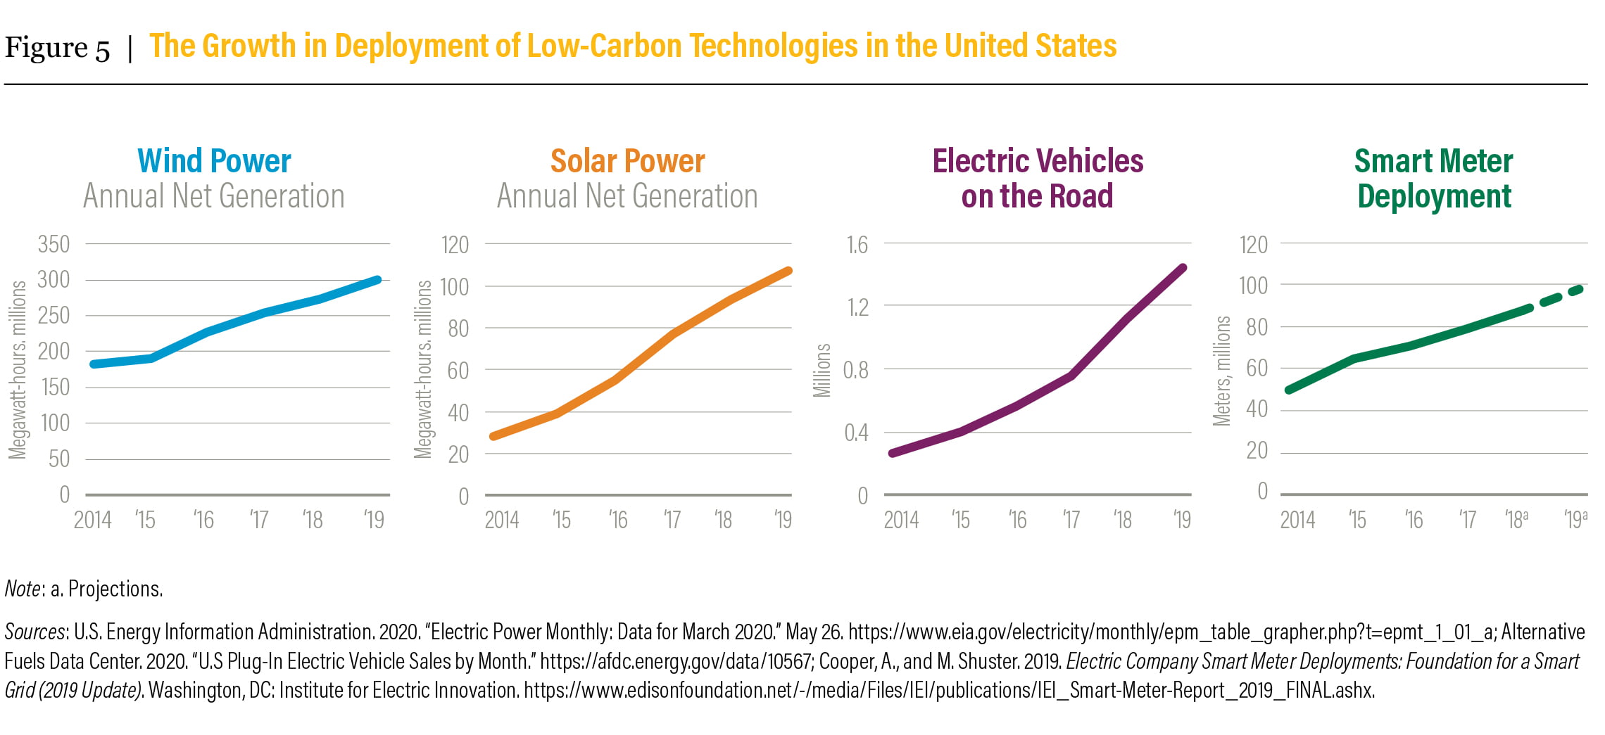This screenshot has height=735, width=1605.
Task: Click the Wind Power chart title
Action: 214,161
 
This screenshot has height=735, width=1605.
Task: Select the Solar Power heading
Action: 627,161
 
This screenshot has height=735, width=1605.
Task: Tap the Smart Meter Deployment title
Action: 1434,179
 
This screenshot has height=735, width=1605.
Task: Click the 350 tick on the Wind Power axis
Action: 53,245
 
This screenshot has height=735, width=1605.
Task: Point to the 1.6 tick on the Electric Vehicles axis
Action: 857,245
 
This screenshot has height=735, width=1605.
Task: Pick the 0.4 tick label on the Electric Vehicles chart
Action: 856,433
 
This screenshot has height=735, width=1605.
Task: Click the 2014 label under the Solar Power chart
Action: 502,520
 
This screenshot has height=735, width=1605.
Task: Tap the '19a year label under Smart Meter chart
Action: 1575,520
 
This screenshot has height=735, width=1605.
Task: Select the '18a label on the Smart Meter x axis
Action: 1516,520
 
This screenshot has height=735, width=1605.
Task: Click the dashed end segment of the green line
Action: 1561,296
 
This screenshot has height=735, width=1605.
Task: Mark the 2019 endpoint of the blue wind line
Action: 378,280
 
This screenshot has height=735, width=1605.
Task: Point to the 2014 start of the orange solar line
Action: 493,436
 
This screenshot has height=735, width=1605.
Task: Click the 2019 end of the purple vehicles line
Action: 1183,268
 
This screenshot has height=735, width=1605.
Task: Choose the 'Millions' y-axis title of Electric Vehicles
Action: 822,370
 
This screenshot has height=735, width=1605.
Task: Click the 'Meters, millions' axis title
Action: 1222,371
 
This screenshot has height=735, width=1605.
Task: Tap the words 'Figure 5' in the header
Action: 57,48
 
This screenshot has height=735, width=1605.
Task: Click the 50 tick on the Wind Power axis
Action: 59,459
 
